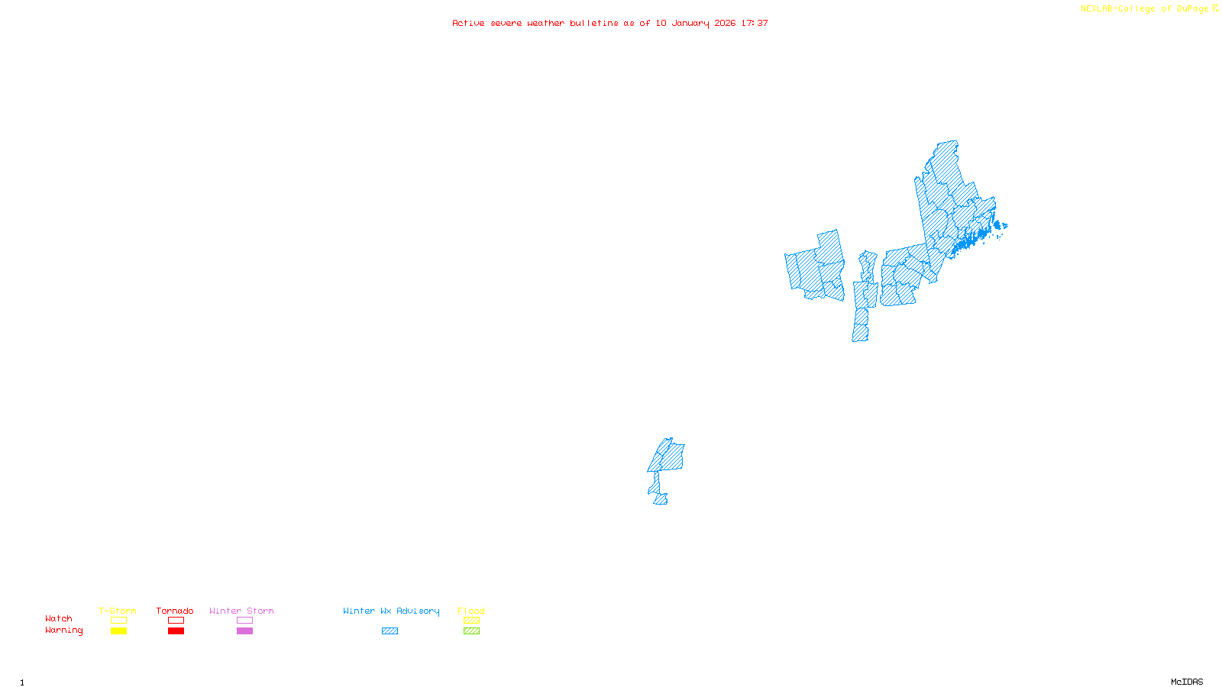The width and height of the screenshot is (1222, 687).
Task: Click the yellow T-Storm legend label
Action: coord(118,611)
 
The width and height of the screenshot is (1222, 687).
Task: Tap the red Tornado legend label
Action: coord(175,611)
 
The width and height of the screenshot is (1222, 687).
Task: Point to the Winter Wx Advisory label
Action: coord(391,611)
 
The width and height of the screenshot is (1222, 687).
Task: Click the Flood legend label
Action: coord(471,611)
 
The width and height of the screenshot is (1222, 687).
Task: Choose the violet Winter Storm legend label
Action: coord(241,611)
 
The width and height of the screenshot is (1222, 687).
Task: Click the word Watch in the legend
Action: coord(59,618)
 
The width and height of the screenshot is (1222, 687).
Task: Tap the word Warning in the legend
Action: coord(63,631)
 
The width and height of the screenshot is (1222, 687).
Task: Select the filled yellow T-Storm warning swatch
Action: coord(118,631)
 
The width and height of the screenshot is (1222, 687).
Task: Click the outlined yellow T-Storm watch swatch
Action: coord(118,621)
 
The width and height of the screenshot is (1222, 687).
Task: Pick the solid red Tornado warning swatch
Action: coord(176,631)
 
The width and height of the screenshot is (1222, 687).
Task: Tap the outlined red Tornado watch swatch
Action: coord(176,621)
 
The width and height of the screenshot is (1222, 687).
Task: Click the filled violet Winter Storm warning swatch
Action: coord(244,631)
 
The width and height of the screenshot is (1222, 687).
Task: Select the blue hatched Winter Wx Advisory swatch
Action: coord(390,631)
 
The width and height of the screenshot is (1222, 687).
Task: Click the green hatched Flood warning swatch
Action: coord(471,631)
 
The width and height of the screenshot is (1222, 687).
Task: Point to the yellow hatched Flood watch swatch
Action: coord(471,621)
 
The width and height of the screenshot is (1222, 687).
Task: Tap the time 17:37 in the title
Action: coord(755,24)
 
